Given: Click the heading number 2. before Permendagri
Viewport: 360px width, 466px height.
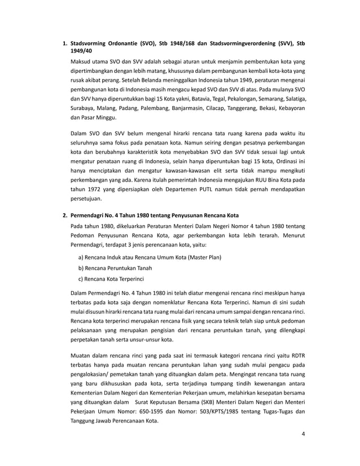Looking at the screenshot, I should pos(65,215).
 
